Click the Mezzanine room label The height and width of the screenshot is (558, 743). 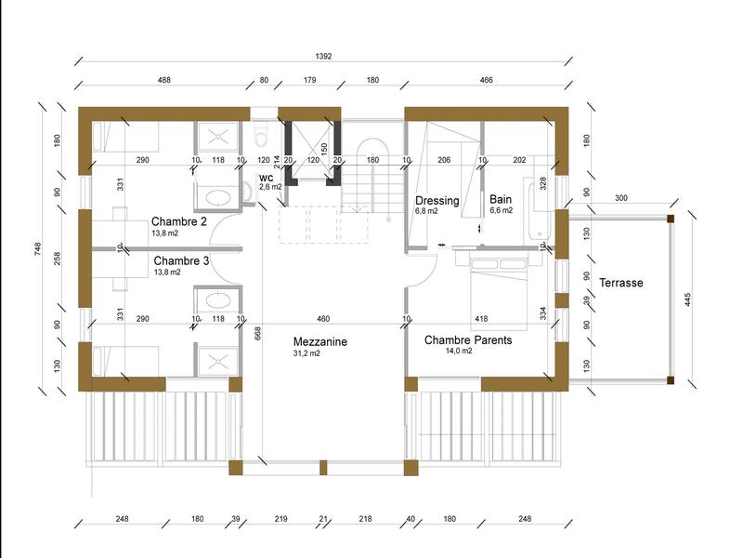[319, 341]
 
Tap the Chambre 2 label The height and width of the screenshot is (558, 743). [178, 221]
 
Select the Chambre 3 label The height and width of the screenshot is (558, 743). [181, 261]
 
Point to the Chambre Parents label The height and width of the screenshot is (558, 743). [468, 340]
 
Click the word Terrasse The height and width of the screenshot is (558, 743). [621, 283]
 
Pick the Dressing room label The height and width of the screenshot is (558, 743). [437, 201]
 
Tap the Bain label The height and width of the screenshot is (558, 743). [501, 199]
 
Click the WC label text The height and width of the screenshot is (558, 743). [267, 179]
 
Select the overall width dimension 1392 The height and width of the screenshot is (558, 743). [323, 56]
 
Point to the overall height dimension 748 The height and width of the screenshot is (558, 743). [38, 249]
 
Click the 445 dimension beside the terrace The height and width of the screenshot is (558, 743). [688, 299]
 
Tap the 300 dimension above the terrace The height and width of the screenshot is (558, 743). [621, 198]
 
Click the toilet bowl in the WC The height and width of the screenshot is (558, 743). [261, 136]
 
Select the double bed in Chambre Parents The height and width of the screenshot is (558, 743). [499, 294]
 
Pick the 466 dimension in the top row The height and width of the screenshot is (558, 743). [486, 80]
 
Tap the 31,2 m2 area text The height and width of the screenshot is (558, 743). [306, 353]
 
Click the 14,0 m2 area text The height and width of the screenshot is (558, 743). [459, 352]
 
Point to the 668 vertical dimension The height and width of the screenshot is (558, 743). [258, 333]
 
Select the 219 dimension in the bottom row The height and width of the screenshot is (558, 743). [281, 519]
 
